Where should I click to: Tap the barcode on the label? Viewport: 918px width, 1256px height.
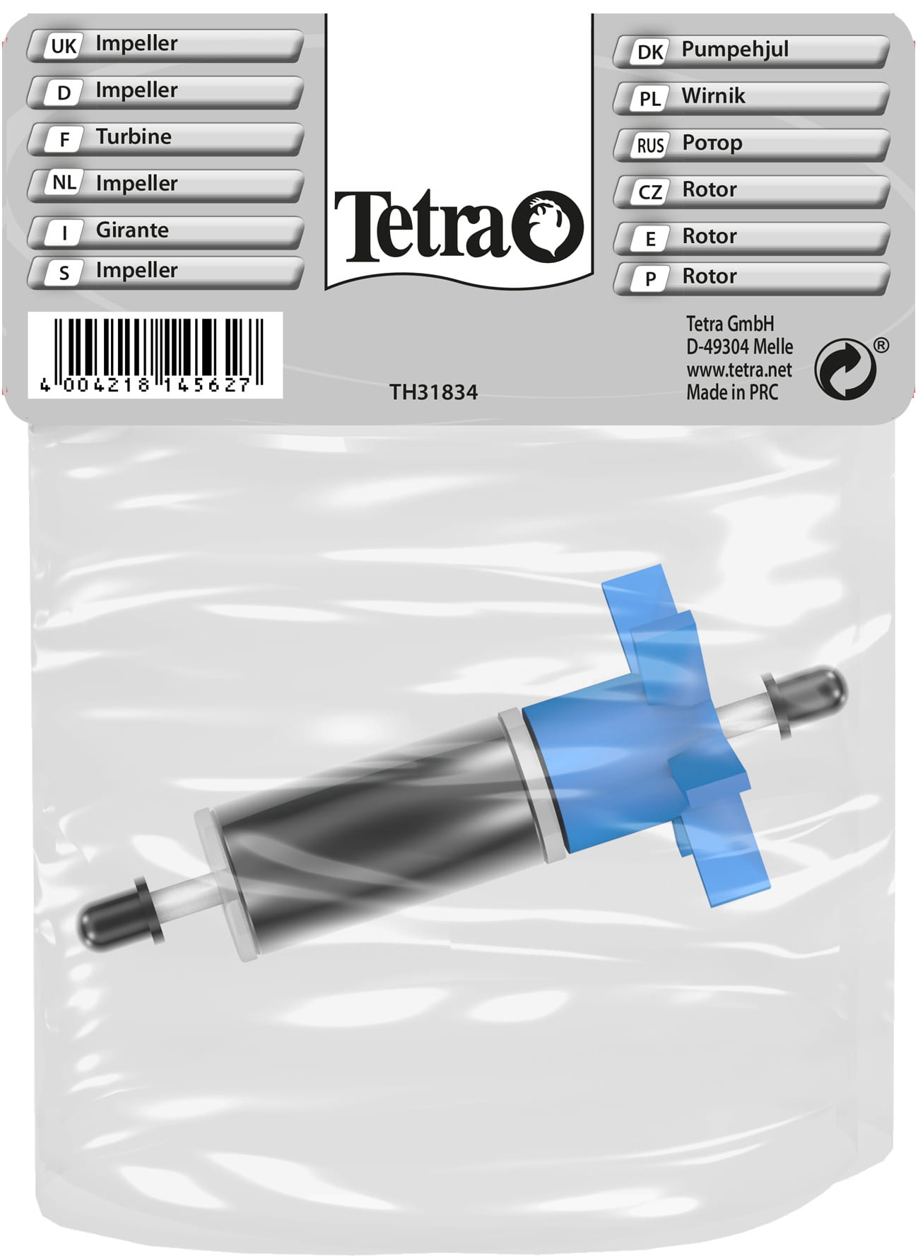tap(155, 355)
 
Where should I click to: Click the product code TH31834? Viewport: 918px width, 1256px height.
tap(433, 392)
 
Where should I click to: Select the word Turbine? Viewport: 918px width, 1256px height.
tap(134, 136)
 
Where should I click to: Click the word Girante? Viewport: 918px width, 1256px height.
tap(132, 230)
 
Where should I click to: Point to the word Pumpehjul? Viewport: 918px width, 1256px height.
tap(735, 49)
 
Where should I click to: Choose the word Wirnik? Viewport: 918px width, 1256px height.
tap(713, 95)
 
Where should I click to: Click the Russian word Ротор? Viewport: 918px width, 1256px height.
tap(712, 143)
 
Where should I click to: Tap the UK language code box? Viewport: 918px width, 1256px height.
tap(64, 46)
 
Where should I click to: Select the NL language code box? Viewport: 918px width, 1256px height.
tap(64, 183)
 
